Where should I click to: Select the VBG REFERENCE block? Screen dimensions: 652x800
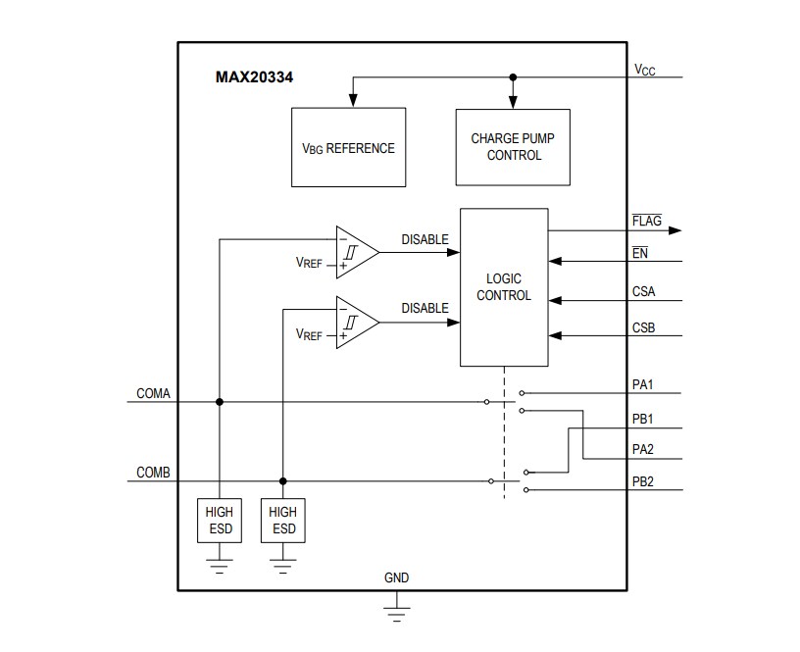(348, 148)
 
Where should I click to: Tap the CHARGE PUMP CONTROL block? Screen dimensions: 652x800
(513, 147)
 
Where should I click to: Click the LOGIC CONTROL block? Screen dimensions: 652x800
(504, 287)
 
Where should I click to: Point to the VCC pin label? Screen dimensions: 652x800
(644, 71)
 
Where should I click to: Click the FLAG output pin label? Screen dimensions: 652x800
(647, 222)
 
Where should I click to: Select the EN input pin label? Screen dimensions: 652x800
(641, 253)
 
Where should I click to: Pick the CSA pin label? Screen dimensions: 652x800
(644, 291)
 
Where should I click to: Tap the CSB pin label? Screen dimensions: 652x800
(644, 327)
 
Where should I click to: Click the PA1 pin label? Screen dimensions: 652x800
(644, 384)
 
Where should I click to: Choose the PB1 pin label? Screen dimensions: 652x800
(644, 420)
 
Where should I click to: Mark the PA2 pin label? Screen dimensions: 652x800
(644, 450)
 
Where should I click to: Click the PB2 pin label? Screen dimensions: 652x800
(644, 481)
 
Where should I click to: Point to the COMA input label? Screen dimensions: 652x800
(153, 393)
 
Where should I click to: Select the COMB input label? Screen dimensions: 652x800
(153, 473)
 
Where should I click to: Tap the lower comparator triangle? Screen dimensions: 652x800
(355, 322)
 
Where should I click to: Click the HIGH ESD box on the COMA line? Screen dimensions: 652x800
(219, 521)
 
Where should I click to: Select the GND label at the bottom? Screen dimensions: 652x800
(396, 577)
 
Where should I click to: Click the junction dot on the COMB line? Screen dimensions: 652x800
(283, 481)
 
